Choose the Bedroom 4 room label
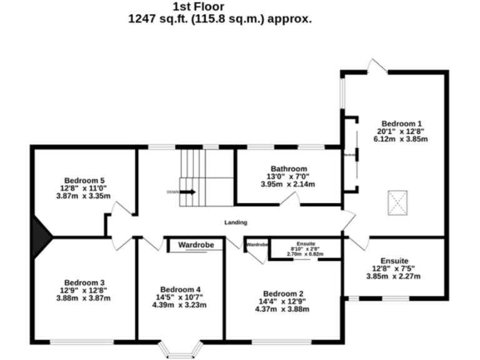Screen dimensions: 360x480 [x=180, y=289]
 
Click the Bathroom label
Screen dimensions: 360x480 [x=288, y=169]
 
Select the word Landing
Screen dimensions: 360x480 [x=236, y=222]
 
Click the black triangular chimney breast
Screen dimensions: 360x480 [x=41, y=237]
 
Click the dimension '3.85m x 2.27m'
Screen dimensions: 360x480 [x=394, y=276]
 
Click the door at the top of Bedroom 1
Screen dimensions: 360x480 [x=378, y=66]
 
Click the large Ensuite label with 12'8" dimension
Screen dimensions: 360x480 [x=394, y=261]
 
